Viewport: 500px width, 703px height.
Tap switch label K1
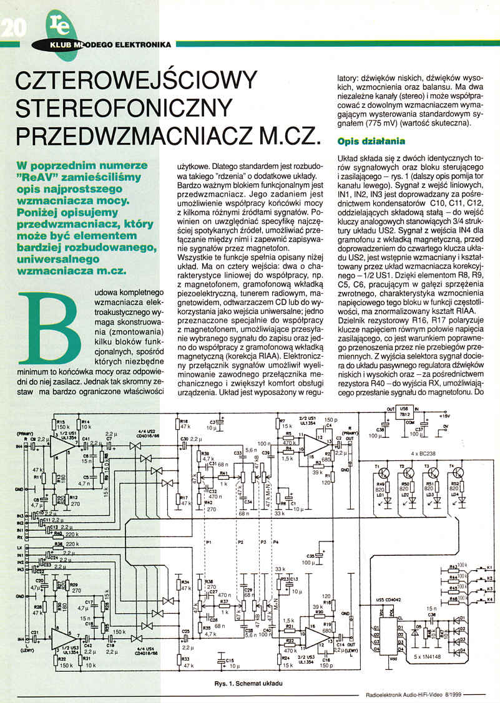tap(489, 566)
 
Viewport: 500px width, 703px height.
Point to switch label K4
tap(489, 599)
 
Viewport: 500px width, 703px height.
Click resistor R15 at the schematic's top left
tap(61, 424)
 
